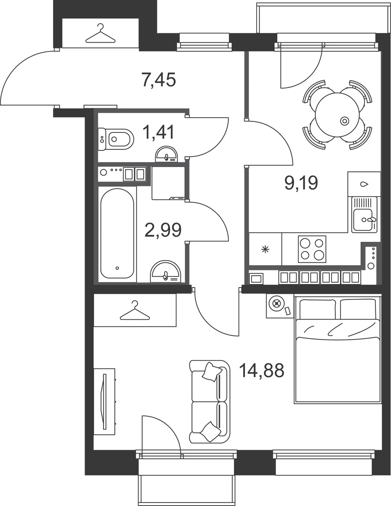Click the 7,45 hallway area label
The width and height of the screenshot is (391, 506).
[158, 80]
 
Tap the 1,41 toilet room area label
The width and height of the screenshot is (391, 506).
[158, 132]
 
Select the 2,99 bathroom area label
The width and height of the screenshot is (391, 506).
[163, 230]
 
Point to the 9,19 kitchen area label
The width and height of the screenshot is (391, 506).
[301, 183]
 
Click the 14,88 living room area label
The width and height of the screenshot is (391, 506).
[262, 371]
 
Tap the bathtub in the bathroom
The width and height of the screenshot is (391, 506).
[117, 233]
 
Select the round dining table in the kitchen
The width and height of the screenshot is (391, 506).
[337, 115]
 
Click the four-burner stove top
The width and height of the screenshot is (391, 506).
[312, 249]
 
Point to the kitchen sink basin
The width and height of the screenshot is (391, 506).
[363, 219]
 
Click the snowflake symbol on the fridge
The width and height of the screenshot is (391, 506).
[265, 250]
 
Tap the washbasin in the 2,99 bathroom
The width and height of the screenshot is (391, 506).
[166, 272]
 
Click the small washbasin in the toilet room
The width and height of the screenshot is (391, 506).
[166, 154]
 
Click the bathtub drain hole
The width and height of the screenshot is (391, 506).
[117, 268]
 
